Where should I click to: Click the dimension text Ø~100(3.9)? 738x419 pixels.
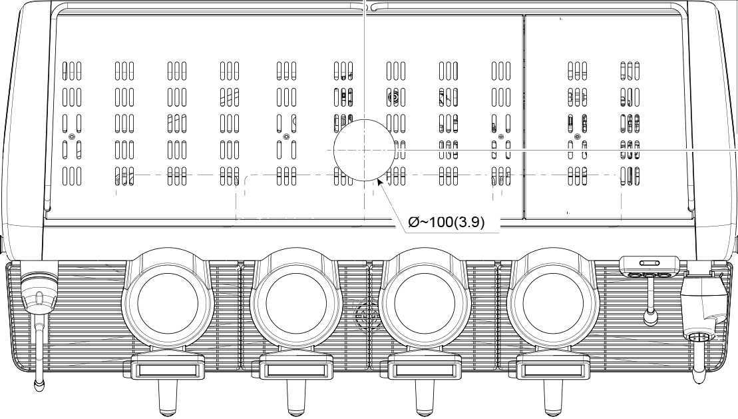(x=446, y=222)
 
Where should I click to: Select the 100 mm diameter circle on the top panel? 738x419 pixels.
(x=364, y=120)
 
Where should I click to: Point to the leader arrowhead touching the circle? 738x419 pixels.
(x=380, y=182)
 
